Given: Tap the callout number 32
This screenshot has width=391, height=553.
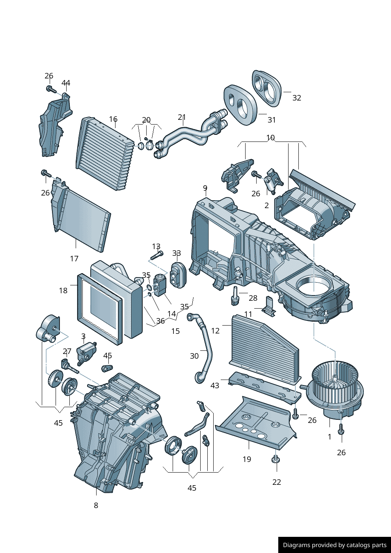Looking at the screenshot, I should [x=296, y=98].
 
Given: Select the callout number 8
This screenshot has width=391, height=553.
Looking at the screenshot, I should [x=96, y=505].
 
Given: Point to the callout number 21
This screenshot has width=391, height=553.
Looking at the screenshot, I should [x=182, y=117].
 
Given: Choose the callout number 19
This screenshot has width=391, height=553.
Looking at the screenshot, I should [x=247, y=459].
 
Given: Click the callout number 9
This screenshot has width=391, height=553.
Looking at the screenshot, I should [x=205, y=188].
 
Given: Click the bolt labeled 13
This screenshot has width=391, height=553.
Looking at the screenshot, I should [x=157, y=255].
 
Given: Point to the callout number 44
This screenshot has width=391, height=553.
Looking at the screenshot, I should [x=66, y=83].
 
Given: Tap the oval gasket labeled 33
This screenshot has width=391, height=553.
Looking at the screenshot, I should [x=178, y=274].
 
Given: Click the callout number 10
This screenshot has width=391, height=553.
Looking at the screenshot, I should [x=270, y=138].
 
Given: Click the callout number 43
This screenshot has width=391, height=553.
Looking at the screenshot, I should [x=215, y=385].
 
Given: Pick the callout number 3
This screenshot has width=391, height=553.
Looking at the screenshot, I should [x=83, y=336].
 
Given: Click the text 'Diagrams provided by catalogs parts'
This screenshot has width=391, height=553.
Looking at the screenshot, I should [x=335, y=545].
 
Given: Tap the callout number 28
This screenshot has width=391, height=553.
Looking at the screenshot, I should [x=253, y=298].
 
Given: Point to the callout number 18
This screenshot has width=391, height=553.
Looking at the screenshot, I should [x=63, y=290].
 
